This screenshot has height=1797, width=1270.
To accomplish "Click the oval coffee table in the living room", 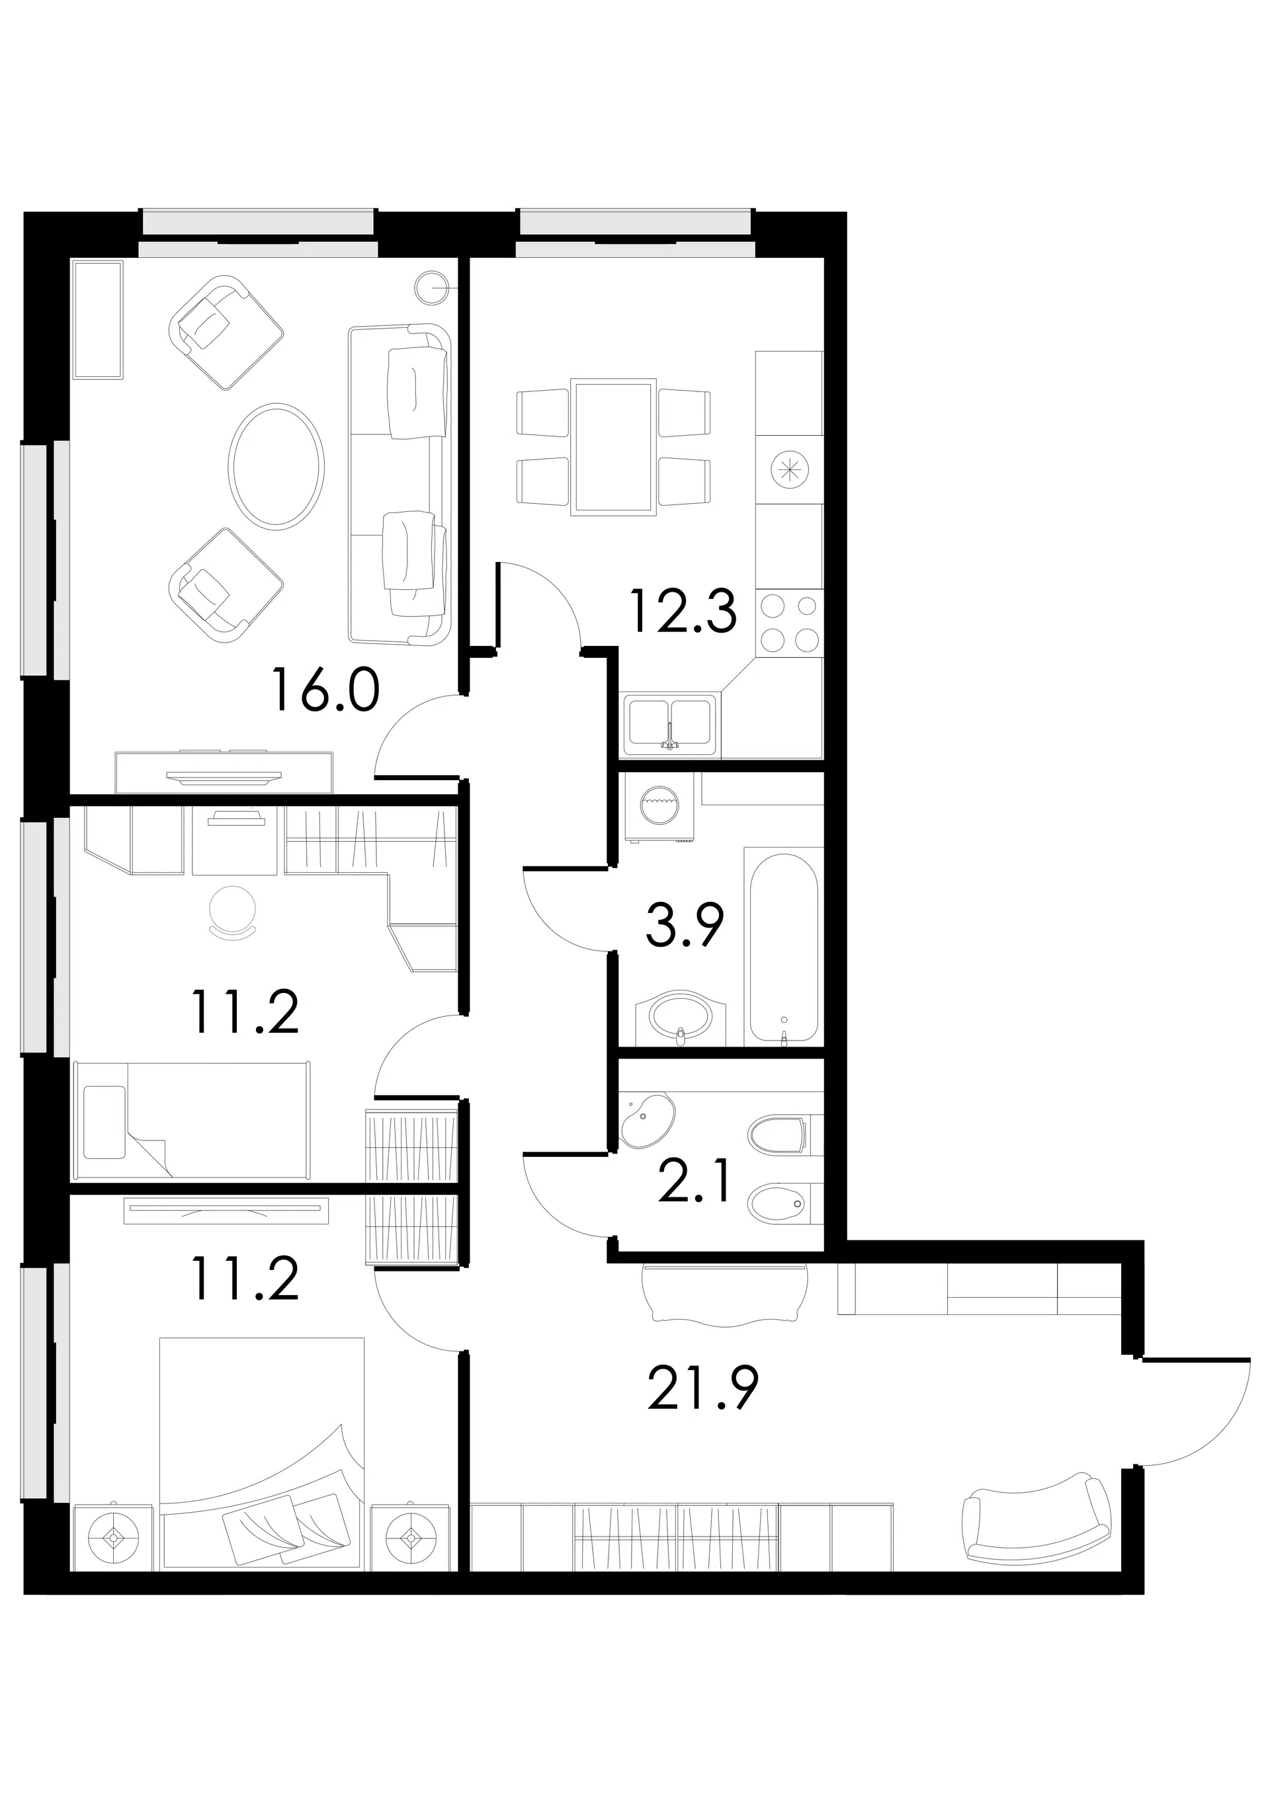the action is click(x=276, y=465).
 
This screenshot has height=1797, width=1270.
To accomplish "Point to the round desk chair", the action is click(x=233, y=910).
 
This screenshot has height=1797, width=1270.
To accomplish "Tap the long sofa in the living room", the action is click(x=400, y=485).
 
